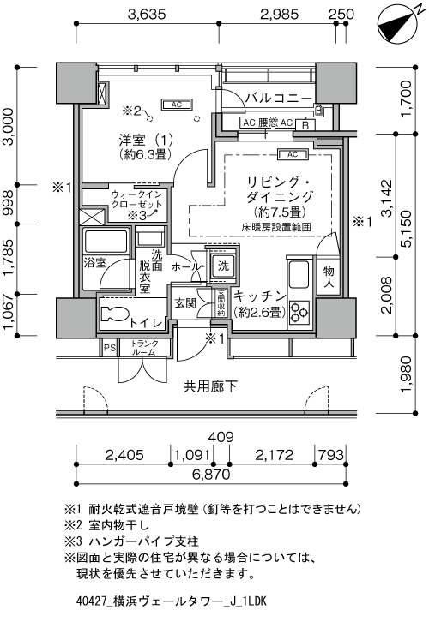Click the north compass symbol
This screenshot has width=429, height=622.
[x=398, y=24]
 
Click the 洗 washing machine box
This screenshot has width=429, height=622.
[x=222, y=266]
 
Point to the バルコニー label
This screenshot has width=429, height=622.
[x=279, y=98]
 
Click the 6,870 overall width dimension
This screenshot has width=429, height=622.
[x=211, y=474]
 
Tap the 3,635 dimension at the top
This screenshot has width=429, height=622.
[x=147, y=15]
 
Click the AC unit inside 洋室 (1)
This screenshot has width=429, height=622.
[x=177, y=105]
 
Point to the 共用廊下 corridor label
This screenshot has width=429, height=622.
[x=210, y=386]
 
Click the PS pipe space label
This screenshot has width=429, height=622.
[x=110, y=348]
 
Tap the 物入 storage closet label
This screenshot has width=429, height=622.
[x=329, y=277]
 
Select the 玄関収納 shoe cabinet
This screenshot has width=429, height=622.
[x=221, y=303]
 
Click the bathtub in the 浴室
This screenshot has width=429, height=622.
[x=106, y=242]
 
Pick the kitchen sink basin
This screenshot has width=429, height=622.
[x=299, y=274]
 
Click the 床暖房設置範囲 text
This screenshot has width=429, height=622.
[x=276, y=227]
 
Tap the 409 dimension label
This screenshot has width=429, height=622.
[x=221, y=437]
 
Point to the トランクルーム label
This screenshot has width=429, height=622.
[x=145, y=348]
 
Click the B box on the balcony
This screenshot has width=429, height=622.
[x=305, y=126]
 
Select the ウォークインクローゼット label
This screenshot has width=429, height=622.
[x=136, y=200]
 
